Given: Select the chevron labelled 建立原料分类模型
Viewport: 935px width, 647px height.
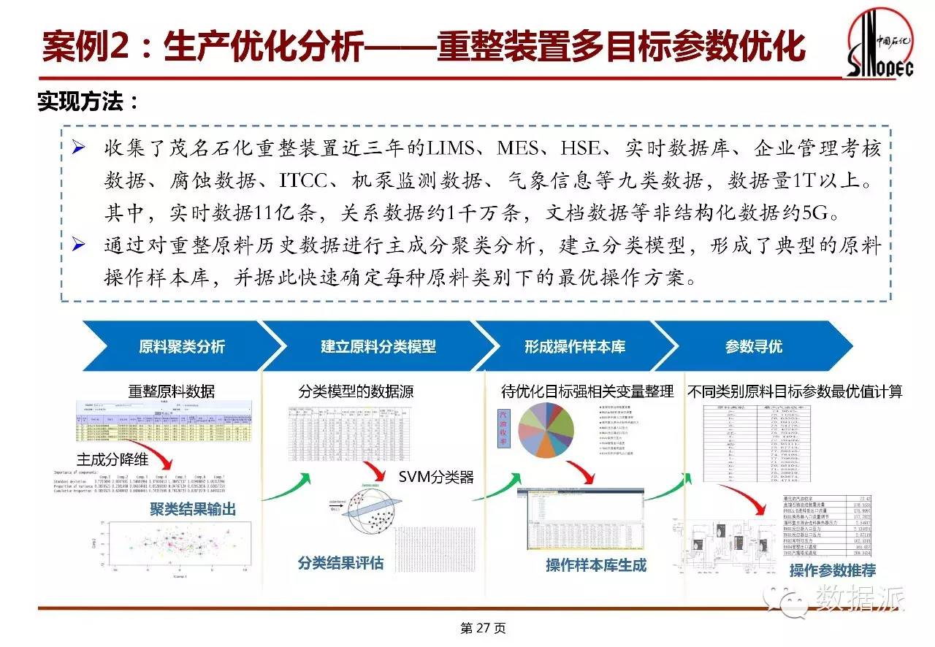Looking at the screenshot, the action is tap(378, 347).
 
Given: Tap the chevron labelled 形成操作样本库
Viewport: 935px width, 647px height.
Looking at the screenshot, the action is tap(574, 347).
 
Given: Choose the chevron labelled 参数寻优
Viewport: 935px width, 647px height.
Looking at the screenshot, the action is tap(753, 347).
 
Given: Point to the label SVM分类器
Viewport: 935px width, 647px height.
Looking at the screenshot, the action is tap(436, 478).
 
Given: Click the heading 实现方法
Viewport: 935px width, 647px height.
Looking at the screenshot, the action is tap(88, 102).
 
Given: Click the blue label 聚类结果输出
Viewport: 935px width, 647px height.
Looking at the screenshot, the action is tap(193, 509).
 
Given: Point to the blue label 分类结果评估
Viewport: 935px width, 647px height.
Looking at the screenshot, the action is tap(340, 562).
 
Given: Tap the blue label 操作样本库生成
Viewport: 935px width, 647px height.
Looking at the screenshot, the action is tap(596, 565).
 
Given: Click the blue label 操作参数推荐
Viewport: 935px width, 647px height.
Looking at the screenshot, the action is tap(833, 570).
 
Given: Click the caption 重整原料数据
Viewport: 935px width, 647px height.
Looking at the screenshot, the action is tap(172, 391).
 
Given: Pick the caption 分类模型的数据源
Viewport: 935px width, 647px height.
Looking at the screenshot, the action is tap(356, 391).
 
